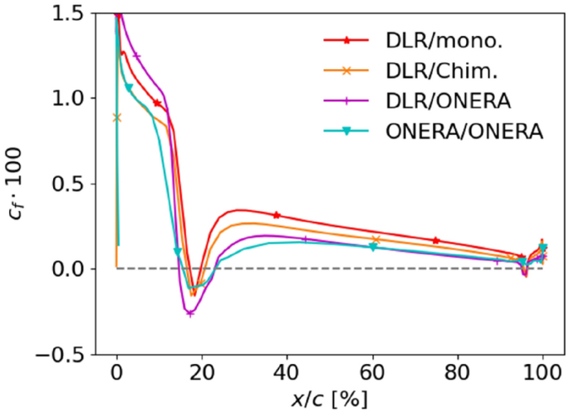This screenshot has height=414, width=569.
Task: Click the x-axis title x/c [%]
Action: point(329,397)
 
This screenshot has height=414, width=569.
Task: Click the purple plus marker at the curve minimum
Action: point(190,313)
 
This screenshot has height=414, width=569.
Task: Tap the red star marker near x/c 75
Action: point(436,240)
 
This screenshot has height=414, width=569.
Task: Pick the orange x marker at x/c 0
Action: point(117,117)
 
